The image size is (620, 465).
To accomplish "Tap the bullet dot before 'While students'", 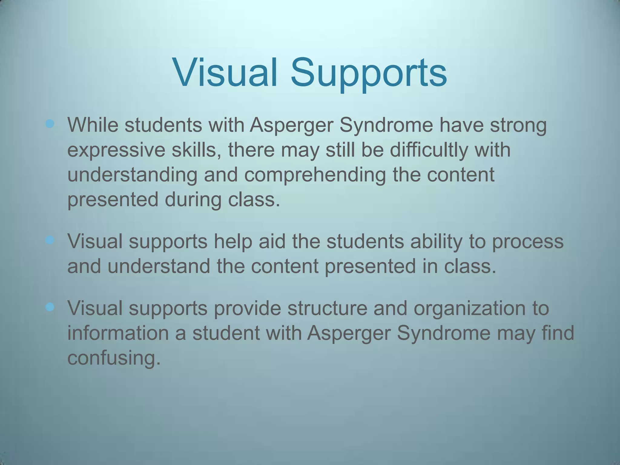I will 50,124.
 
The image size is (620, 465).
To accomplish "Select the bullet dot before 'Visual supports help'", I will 50,240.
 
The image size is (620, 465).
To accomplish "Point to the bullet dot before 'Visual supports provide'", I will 50,307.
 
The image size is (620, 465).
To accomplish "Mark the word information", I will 127,333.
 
